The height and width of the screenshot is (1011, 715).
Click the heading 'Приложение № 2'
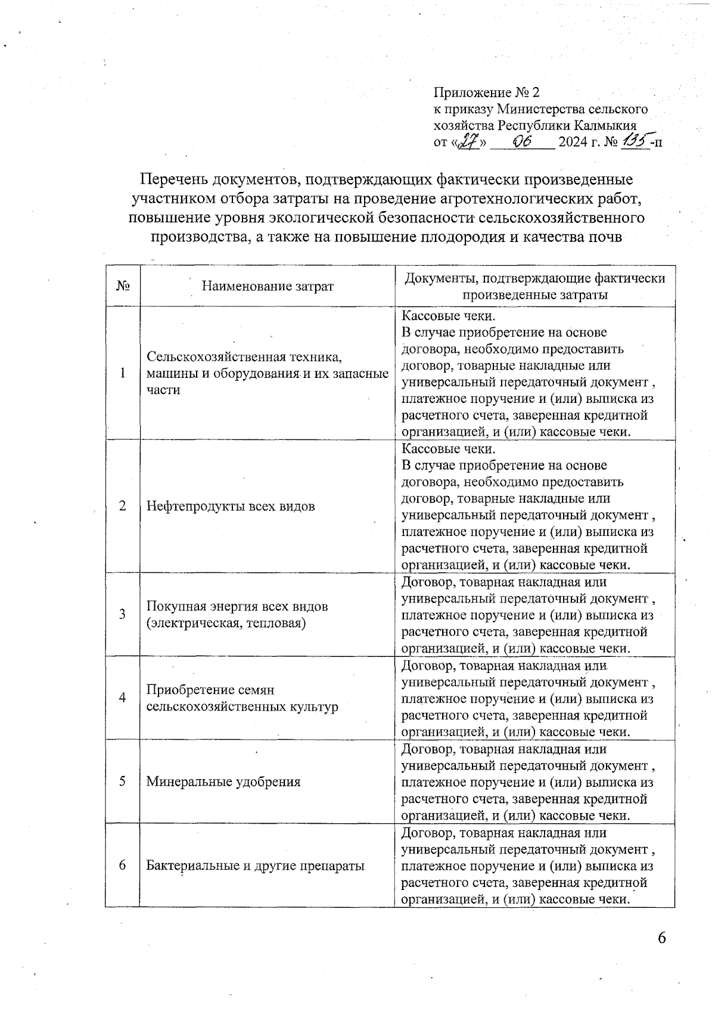486,92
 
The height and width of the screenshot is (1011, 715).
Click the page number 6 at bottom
661,938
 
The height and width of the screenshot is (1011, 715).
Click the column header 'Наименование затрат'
268,286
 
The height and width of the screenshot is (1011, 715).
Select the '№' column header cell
123,286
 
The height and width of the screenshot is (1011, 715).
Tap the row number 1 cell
123,373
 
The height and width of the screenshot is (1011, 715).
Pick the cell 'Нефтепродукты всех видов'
231,507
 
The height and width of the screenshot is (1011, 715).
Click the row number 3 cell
123,615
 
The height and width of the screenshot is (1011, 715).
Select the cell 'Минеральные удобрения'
223,781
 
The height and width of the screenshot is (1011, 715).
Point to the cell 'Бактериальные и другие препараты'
255,866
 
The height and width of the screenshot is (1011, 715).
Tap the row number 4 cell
123,698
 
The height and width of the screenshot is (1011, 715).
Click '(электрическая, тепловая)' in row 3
226,624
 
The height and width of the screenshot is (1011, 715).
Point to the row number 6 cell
123,866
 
